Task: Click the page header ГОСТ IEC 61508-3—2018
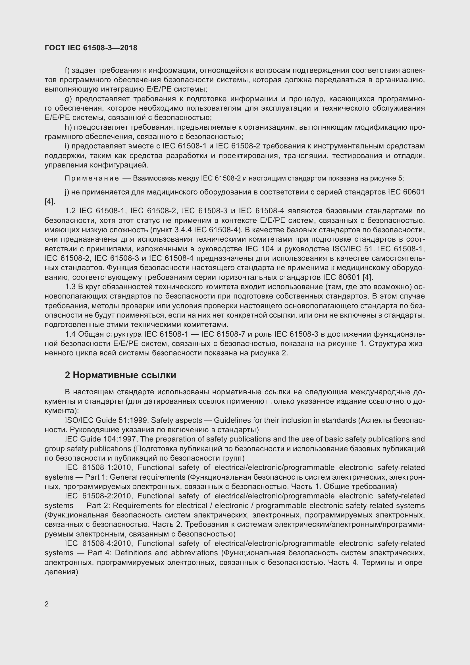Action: point(91,48)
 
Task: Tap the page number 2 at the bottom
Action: point(47,604)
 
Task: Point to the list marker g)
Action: point(68,99)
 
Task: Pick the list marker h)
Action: point(68,127)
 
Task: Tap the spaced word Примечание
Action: point(92,179)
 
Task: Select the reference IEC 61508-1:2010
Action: point(99,467)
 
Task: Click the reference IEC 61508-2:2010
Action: point(99,496)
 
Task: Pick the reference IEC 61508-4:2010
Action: point(99,543)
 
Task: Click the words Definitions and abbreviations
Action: point(166,553)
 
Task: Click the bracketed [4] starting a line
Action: point(50,202)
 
